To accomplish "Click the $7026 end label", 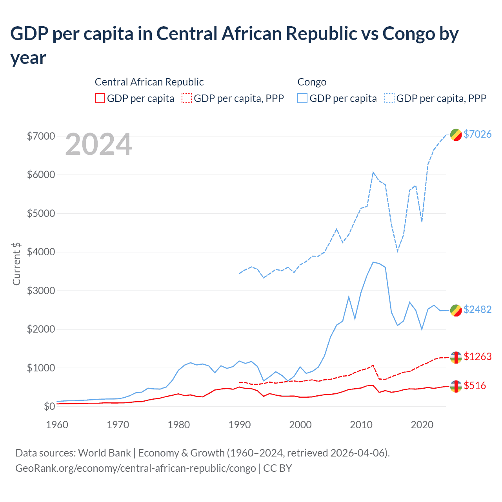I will pyautogui.click(x=477, y=134).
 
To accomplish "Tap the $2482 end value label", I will pyautogui.click(x=477, y=309).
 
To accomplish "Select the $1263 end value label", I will pyautogui.click(x=477, y=356).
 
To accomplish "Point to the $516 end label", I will pyautogui.click(x=475, y=386).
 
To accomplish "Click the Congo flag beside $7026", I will pyautogui.click(x=456, y=135).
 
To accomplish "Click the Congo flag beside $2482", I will pyautogui.click(x=456, y=310).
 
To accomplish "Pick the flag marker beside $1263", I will pyautogui.click(x=456, y=357).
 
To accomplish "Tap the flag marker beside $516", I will pyautogui.click(x=456, y=386).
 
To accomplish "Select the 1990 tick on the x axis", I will pyautogui.click(x=239, y=425).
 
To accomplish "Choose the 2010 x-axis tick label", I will pyautogui.click(x=361, y=425).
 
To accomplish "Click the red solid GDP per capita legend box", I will pyautogui.click(x=100, y=98).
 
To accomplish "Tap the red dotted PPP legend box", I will pyautogui.click(x=187, y=98).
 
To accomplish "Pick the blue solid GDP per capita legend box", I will pyautogui.click(x=302, y=98).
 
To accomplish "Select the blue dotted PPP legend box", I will pyautogui.click(x=389, y=98).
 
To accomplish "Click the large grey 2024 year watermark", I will pyautogui.click(x=98, y=144).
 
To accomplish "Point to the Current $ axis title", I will pyautogui.click(x=16, y=264).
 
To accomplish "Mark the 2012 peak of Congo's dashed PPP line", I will pyautogui.click(x=373, y=172).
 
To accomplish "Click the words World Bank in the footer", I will pyautogui.click(x=104, y=453).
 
